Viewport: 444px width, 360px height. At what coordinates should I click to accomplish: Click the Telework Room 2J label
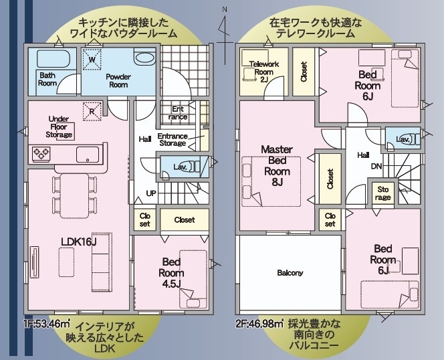[264, 72]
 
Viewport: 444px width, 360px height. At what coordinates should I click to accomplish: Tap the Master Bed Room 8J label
[277, 166]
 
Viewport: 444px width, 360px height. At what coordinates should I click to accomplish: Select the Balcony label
[290, 273]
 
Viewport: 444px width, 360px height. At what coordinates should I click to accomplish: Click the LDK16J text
[80, 242]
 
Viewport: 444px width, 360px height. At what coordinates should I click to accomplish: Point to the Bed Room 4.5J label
[171, 273]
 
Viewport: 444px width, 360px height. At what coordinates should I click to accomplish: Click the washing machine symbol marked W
[92, 60]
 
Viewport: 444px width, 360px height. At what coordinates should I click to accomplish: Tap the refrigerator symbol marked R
[92, 111]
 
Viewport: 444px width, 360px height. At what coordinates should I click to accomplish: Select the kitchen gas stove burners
[41, 154]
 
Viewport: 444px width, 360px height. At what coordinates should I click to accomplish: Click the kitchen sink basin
[88, 155]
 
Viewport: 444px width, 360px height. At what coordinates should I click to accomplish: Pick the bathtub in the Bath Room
[53, 59]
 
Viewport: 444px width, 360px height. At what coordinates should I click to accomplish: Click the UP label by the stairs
[151, 193]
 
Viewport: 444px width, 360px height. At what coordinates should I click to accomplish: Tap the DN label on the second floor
[376, 166]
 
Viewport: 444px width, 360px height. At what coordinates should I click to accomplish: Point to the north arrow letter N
[225, 9]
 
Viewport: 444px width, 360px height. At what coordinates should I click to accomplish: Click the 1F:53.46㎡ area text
[47, 323]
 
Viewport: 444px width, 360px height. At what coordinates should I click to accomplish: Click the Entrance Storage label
[173, 139]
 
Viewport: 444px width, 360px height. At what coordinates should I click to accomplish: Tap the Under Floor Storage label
[59, 126]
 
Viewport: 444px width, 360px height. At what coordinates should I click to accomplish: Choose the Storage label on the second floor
[383, 193]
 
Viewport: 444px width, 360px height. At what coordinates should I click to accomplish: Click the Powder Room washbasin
[144, 58]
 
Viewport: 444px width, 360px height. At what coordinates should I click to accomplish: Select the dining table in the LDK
[74, 195]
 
